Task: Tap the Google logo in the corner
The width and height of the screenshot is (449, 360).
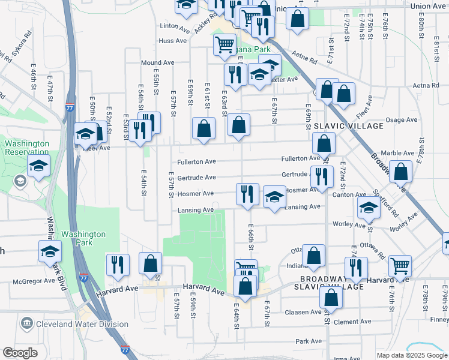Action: tap(20, 352)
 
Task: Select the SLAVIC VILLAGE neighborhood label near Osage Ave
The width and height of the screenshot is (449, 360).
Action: tap(349, 126)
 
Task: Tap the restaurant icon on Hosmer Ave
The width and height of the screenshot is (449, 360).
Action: tap(247, 194)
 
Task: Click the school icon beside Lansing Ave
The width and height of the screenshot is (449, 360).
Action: tap(274, 198)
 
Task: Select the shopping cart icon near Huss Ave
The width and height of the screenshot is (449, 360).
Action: tap(224, 44)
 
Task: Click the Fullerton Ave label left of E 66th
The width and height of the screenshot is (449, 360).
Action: tap(196, 162)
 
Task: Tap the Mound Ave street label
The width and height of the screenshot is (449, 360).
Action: tap(157, 62)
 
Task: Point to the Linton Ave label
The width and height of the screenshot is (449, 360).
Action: tap(175, 26)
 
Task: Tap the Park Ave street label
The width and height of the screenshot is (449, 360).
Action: tap(309, 341)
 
